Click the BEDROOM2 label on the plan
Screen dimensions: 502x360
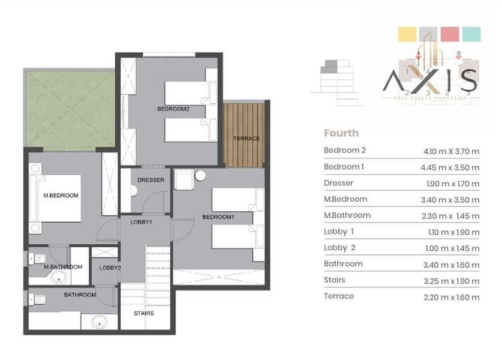click(x=173, y=109)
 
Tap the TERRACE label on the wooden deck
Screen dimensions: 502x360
click(x=246, y=139)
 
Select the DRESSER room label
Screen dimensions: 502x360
click(x=151, y=180)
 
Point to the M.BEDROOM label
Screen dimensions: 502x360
click(x=61, y=196)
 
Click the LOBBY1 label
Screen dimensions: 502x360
click(x=141, y=222)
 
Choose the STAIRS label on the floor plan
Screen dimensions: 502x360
click(x=144, y=313)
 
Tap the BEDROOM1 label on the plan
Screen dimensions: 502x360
click(x=218, y=217)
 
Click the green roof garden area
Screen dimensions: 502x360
click(x=70, y=108)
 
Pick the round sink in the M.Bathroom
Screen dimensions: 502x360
click(x=59, y=277)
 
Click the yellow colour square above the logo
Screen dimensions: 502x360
click(x=407, y=34)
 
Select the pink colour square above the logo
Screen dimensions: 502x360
click(x=450, y=34)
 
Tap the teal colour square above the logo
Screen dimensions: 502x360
click(x=471, y=34)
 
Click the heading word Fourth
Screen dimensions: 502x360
click(x=341, y=133)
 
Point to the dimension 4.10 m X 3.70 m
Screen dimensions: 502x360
click(x=452, y=151)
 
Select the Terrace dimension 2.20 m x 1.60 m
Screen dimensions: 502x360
click(x=452, y=297)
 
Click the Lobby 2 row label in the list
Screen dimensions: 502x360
click(x=339, y=248)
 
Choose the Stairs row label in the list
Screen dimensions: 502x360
click(x=335, y=280)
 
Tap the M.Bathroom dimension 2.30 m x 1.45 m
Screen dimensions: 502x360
click(x=451, y=216)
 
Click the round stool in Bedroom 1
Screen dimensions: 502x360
click(x=200, y=176)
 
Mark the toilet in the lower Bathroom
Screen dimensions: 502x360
click(x=37, y=300)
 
